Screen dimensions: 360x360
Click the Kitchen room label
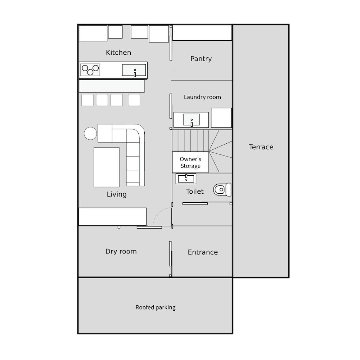click(118, 52)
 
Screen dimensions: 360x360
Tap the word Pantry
click(201, 59)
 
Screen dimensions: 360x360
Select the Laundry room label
click(202, 97)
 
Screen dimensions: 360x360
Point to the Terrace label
click(261, 147)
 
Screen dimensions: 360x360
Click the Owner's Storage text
click(190, 163)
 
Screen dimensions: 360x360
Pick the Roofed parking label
click(156, 307)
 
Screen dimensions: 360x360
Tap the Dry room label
click(121, 251)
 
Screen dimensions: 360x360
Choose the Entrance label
click(203, 252)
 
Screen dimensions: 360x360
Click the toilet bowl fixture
click(222, 189)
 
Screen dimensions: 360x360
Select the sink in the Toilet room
click(186, 179)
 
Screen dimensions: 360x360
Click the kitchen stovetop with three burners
click(90, 70)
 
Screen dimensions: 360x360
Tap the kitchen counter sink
click(134, 70)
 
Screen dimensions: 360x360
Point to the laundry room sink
click(192, 120)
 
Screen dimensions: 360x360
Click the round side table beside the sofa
click(90, 134)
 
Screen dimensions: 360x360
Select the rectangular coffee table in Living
click(107, 167)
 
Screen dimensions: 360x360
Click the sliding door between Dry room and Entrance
click(170, 254)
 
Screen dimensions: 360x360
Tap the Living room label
click(117, 194)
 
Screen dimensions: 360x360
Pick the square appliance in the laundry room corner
click(221, 118)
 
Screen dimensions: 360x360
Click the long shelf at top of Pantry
click(202, 33)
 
